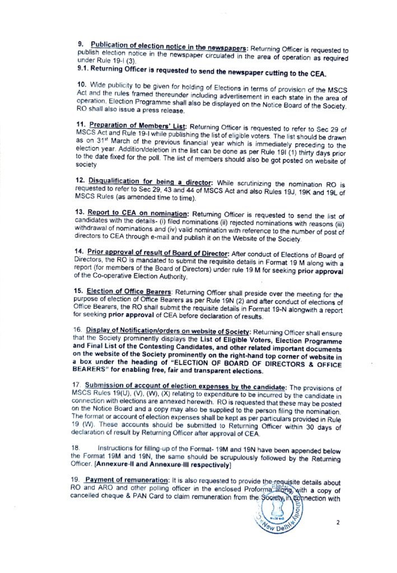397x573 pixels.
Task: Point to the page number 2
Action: point(338,522)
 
